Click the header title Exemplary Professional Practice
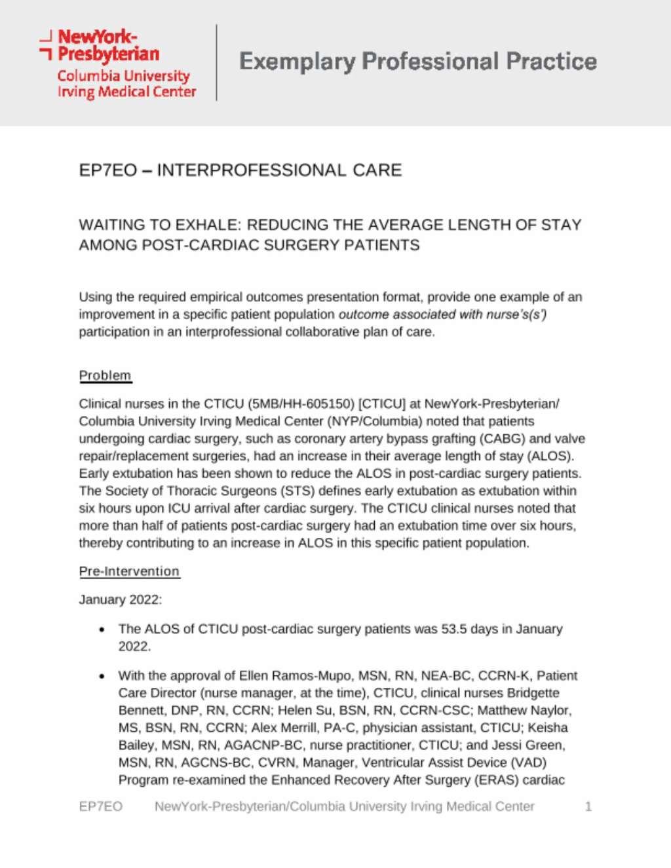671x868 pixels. pyautogui.click(x=418, y=62)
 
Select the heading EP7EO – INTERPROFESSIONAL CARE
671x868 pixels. pyautogui.click(x=240, y=170)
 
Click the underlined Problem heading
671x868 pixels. pyautogui.click(x=105, y=375)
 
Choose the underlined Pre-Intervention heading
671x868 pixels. pyautogui.click(x=129, y=571)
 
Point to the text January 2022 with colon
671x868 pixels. pyautogui.click(x=121, y=599)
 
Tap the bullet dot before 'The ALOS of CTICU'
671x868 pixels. pyautogui.click(x=102, y=630)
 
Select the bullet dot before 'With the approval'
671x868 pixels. pyautogui.click(x=102, y=676)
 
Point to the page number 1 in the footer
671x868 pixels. pyautogui.click(x=588, y=806)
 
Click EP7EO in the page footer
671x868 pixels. pyautogui.click(x=100, y=806)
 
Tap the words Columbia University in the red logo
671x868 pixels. pyautogui.click(x=123, y=76)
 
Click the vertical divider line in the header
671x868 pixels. pyautogui.click(x=216, y=62)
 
